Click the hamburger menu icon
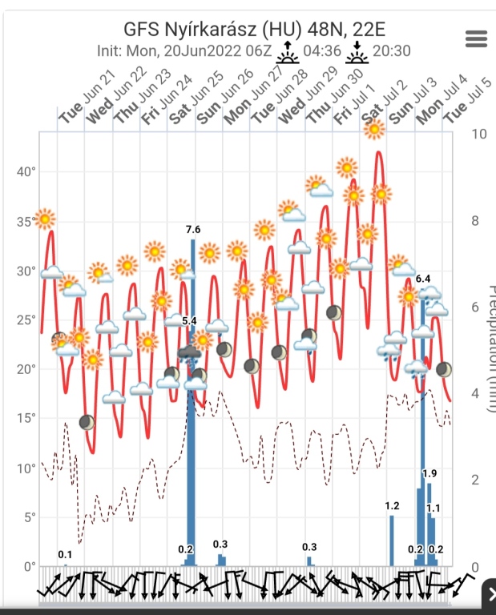point(476,38)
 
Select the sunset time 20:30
point(392,51)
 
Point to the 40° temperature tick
point(27,171)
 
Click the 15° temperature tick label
point(27,418)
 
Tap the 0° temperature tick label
point(29,566)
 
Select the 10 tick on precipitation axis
point(479,134)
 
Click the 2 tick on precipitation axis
point(475,480)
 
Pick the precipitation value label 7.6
point(193,230)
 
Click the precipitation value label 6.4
point(423,279)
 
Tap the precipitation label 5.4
point(189,321)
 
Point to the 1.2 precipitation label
point(392,506)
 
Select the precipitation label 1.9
point(429,473)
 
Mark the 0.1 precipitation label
point(65,555)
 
